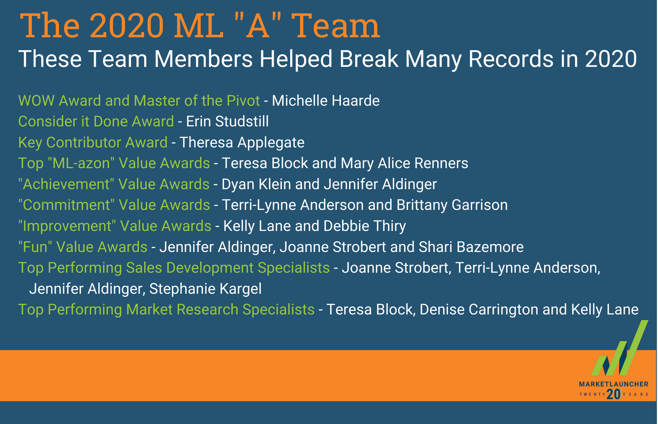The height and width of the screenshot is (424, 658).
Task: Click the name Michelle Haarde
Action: (326, 101)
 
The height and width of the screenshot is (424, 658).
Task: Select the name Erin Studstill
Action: (227, 121)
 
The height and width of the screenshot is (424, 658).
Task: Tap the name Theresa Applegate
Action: (242, 143)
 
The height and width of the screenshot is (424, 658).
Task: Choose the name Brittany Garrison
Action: (452, 205)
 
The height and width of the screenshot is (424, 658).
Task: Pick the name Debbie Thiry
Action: (365, 226)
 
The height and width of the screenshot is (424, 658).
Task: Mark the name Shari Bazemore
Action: (471, 247)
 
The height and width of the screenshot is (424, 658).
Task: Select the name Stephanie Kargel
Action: (205, 289)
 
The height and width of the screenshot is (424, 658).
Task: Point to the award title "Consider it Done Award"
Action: (96, 121)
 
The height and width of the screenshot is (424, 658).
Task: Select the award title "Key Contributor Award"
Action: (93, 143)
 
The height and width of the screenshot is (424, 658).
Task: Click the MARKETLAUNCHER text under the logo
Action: (614, 384)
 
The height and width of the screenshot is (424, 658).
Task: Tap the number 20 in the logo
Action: (614, 394)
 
